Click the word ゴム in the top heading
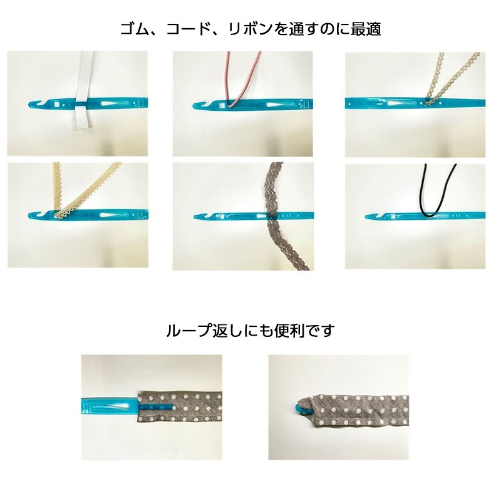click(134, 29)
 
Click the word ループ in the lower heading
click(186, 330)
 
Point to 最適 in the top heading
click(366, 29)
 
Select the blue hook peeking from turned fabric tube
click(299, 408)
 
